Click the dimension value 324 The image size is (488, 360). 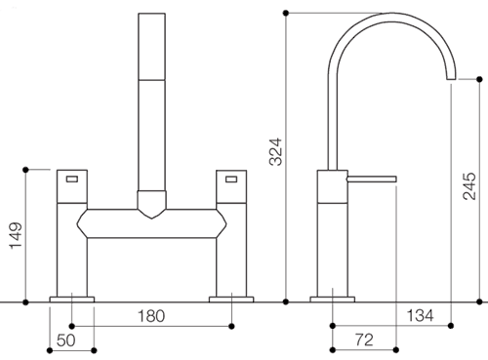276,152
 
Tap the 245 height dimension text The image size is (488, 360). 469,186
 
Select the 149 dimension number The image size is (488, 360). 16,236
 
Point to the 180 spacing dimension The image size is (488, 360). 151,316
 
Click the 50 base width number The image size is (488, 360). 65,340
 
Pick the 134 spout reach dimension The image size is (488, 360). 420,315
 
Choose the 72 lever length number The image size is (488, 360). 364,340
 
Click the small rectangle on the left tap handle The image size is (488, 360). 72,179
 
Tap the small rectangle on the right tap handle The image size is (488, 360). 231,179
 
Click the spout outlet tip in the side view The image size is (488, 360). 451,79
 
